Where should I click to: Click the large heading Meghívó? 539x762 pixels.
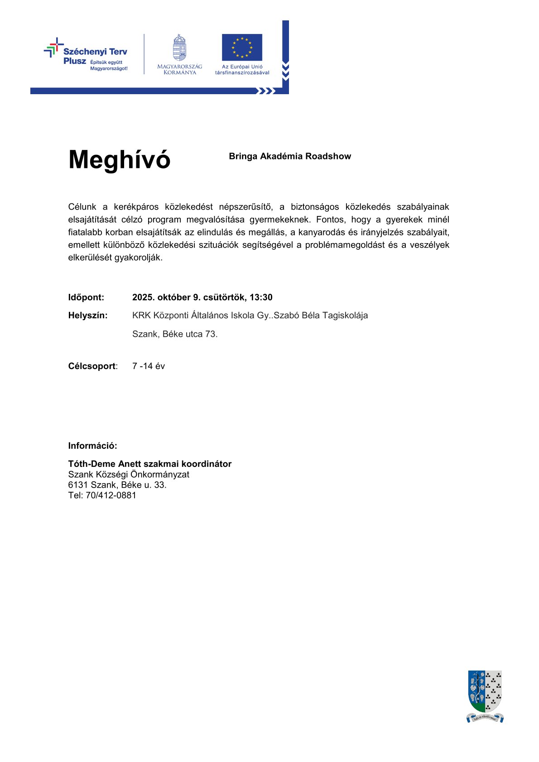(x=119, y=159)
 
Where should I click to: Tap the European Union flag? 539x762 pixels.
(x=242, y=47)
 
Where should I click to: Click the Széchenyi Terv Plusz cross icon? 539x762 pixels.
(x=54, y=48)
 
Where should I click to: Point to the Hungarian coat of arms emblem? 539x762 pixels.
(x=180, y=48)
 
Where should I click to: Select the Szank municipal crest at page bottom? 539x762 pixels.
(x=485, y=695)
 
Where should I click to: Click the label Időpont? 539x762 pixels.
(x=86, y=297)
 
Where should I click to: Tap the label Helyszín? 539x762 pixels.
(x=88, y=316)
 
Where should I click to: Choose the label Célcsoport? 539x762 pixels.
(x=92, y=366)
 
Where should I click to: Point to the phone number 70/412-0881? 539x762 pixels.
(x=111, y=495)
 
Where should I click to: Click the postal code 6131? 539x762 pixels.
(x=78, y=485)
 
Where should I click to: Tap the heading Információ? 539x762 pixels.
(x=92, y=446)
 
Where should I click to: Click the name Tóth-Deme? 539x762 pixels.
(x=92, y=464)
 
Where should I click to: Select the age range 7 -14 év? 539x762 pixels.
(x=149, y=366)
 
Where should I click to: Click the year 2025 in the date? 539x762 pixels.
(x=142, y=297)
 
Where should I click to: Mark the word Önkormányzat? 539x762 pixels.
(x=160, y=474)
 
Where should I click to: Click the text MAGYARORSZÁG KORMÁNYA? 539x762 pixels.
(x=180, y=69)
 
